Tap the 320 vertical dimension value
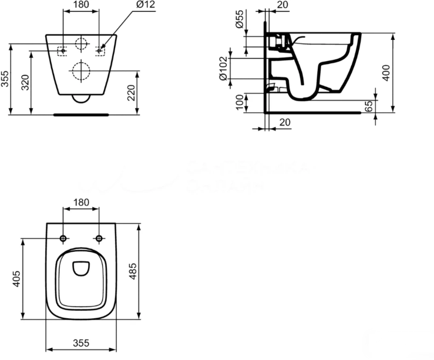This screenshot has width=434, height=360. point(25,83)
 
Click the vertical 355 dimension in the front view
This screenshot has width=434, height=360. point(6,79)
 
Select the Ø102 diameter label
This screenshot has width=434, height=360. point(223,69)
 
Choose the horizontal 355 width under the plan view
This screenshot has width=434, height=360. point(80,342)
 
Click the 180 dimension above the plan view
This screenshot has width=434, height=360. point(80,203)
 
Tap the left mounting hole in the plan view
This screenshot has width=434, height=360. point(63,238)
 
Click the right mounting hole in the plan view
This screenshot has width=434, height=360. point(99,238)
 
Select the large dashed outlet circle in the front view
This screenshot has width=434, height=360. point(80,70)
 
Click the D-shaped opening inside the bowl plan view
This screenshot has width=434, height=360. point(80,268)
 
